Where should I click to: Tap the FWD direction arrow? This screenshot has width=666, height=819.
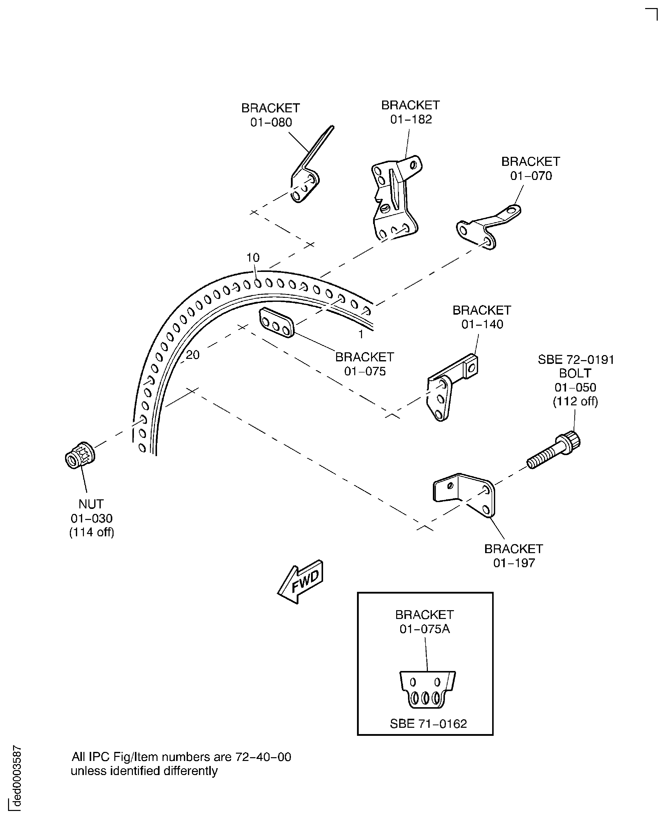(300, 582)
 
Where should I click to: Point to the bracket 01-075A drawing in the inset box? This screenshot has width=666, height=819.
(427, 690)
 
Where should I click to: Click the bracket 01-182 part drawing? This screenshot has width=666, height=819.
(396, 198)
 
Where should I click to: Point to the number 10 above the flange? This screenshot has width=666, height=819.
(253, 258)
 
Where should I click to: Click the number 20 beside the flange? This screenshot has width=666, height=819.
(193, 355)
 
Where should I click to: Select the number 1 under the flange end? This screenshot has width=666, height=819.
(361, 335)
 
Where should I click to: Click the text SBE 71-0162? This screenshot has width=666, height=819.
(428, 724)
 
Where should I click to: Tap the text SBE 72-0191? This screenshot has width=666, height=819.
(576, 360)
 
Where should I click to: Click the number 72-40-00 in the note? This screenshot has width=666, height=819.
(263, 757)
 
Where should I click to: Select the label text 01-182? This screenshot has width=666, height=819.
(411, 119)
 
